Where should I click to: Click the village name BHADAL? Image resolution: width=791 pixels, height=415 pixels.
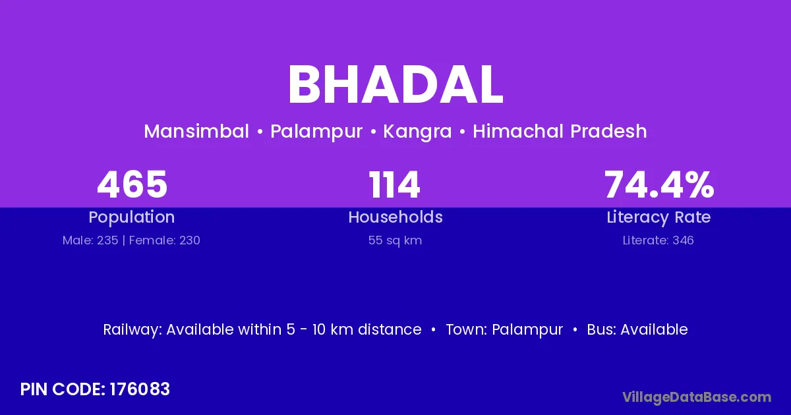395,85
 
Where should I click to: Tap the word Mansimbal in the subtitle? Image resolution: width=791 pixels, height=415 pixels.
196,131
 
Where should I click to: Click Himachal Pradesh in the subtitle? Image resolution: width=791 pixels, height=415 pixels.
560,131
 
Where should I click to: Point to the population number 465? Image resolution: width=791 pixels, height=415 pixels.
132,184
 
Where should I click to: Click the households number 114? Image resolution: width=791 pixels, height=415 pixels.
394,184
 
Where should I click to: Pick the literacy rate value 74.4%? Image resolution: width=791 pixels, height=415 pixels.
659,184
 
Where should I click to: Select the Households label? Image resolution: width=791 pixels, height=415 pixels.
395,217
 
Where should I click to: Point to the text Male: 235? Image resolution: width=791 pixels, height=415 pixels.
90,240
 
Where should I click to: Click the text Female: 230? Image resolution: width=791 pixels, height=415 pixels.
165,240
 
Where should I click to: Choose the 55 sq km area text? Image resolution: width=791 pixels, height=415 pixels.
395,240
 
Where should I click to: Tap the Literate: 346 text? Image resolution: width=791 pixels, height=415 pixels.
659,240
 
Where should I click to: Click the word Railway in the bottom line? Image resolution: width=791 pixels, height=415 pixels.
132,330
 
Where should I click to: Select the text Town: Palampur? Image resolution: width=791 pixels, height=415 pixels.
504,330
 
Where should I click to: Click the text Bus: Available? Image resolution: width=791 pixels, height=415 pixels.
637,329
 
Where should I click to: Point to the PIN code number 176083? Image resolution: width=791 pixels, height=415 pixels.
140,389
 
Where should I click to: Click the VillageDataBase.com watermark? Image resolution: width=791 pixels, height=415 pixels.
697,397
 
